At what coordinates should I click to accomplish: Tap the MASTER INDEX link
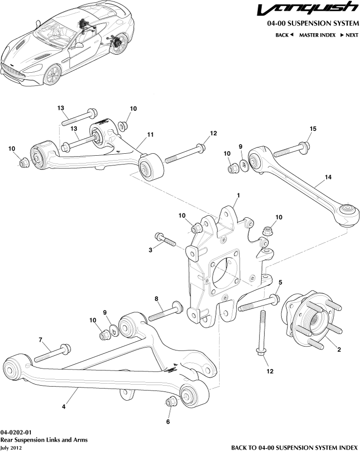pos(317,35)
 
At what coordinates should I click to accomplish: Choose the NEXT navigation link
pos(349,35)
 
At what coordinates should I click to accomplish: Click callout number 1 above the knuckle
pos(238,195)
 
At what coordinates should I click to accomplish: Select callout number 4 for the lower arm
pos(64,405)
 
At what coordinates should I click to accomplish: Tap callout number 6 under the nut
pos(169,421)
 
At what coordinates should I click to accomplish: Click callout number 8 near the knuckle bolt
pos(156,299)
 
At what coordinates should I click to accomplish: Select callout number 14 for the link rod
pos(328,177)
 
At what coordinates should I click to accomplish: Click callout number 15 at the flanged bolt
pos(313,128)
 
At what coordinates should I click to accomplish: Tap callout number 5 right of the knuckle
pos(280,282)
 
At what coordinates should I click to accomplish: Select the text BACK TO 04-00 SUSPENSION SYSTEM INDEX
pos(295,447)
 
